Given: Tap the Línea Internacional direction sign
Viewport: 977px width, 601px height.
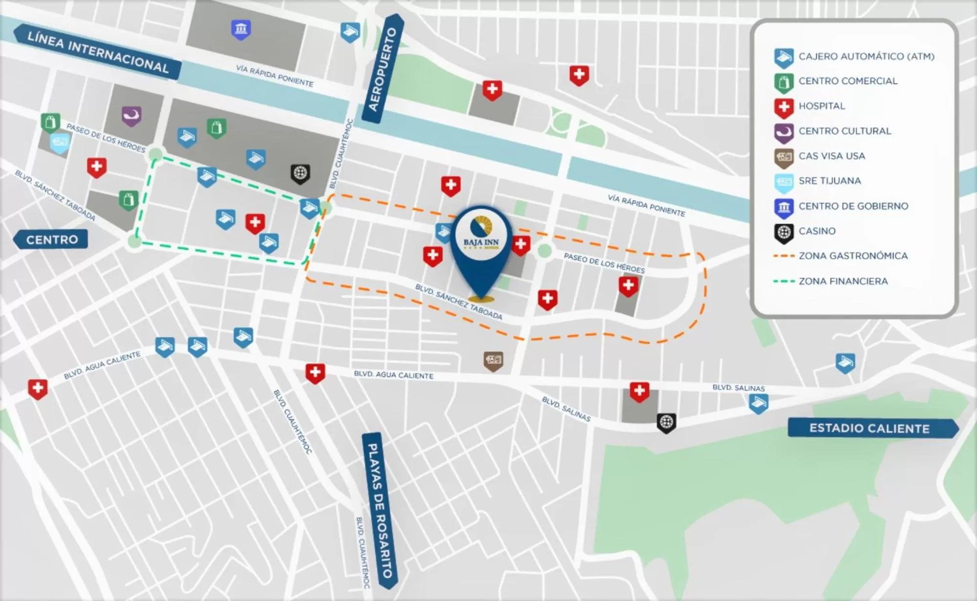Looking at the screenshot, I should tap(98, 52).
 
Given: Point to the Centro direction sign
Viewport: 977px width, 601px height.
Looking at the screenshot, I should tap(52, 240).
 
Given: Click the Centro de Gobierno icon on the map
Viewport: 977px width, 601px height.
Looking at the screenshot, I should tap(241, 29).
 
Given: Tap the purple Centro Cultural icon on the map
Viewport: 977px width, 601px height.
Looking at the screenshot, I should tap(131, 116).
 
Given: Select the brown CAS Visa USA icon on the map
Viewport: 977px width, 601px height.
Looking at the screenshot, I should tap(493, 360).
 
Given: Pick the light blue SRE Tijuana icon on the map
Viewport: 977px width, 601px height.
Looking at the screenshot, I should tap(60, 143).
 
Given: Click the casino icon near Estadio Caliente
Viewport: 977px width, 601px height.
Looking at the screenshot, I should tap(666, 422).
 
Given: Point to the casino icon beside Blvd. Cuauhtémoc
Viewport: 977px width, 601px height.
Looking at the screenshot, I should tap(300, 173).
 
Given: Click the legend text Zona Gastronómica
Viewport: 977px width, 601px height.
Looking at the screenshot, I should tap(853, 256).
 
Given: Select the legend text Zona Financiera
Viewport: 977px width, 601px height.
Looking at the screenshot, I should tap(843, 281).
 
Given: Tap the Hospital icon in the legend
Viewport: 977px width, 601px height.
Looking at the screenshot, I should tap(784, 107).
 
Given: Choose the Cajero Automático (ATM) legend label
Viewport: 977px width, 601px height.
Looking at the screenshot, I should tap(866, 57).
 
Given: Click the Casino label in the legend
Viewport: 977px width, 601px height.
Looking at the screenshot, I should tap(817, 231).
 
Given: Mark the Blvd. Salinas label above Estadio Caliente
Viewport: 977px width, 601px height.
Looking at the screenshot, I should tap(738, 388).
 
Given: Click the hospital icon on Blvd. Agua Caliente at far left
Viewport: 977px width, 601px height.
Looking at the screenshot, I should tap(38, 389).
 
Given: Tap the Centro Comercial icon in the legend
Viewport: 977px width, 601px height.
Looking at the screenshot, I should tap(784, 82).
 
